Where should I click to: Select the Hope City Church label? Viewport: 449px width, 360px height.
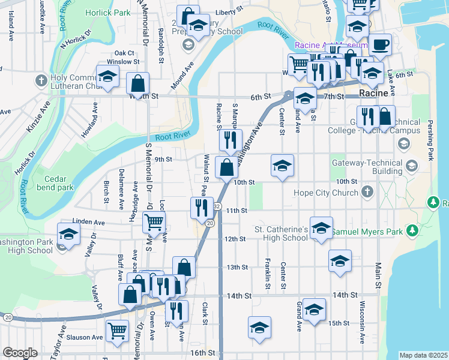click(326, 193)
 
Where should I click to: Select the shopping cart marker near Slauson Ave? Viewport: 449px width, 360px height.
click(117, 330)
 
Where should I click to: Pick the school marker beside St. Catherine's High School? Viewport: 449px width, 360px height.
click(322, 228)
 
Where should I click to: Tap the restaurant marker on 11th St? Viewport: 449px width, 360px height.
click(202, 208)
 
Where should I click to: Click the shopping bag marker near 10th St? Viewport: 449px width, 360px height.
click(226, 167)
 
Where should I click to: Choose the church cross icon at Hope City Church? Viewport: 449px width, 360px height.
click(368, 193)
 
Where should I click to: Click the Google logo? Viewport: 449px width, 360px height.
click(20, 353)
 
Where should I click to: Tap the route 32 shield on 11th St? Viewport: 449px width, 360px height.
click(217, 206)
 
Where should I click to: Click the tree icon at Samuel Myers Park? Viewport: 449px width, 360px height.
click(412, 230)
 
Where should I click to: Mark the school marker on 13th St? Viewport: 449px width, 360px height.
click(340, 261)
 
